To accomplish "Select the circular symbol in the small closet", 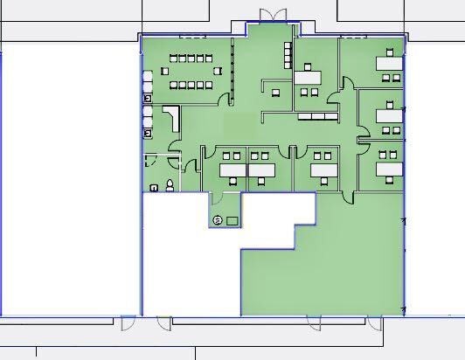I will tap(217, 219).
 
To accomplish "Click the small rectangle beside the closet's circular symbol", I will tap(232, 220).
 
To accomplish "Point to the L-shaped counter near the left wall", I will tap(170, 118).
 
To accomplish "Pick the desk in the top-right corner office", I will tap(388, 63).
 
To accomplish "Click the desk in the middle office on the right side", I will tap(388, 114).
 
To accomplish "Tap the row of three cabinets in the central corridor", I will tap(316, 116).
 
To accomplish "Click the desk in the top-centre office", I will tap(308, 77).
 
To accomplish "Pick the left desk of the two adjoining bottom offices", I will tap(232, 170).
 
